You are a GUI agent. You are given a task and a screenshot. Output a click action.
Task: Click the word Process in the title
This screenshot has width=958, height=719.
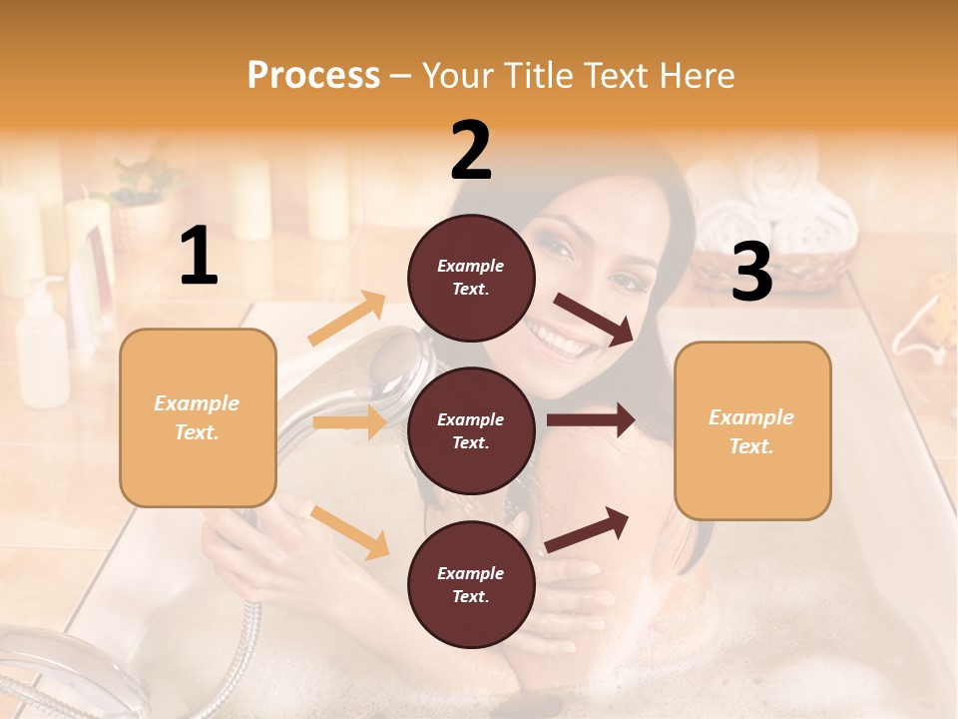(x=313, y=75)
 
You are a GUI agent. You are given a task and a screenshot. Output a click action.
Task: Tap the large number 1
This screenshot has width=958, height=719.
(x=199, y=258)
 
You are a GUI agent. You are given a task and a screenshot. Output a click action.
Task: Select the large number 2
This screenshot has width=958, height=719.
(x=471, y=151)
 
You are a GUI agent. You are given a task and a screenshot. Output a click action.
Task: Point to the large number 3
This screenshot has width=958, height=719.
(x=751, y=272)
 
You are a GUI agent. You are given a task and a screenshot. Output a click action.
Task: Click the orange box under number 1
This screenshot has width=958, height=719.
(x=198, y=417)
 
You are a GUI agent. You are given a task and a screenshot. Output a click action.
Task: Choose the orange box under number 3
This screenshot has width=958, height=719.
(x=752, y=430)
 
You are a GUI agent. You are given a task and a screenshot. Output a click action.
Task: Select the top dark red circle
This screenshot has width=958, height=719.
(x=471, y=278)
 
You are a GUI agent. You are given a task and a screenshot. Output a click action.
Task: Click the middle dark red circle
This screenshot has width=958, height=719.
(x=471, y=430)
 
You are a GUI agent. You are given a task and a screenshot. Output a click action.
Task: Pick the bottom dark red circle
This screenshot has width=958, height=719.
(x=471, y=584)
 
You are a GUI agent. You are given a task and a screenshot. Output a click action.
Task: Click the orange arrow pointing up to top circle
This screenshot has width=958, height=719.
(x=347, y=319)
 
